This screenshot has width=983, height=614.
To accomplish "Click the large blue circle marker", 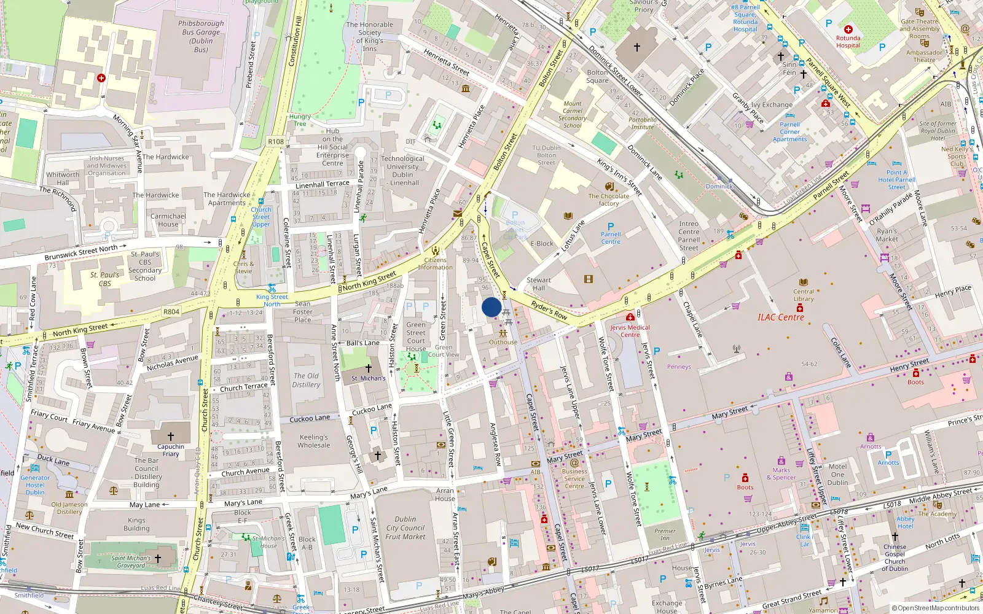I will (x=491, y=307).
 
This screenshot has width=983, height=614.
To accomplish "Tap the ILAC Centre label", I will (x=780, y=317).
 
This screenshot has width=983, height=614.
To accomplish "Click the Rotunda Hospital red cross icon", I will (x=848, y=29).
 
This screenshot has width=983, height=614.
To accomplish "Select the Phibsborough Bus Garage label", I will (x=201, y=36).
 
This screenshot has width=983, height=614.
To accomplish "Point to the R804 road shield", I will (x=171, y=312).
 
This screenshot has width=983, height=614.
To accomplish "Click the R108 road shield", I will (x=276, y=142).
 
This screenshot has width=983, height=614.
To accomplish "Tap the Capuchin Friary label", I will (x=171, y=450).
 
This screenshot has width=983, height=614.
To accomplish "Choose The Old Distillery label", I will (x=306, y=380).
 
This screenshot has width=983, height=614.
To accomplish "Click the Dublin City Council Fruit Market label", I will (x=405, y=528).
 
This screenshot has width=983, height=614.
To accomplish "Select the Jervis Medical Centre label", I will (x=630, y=331).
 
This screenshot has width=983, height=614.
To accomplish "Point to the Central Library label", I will (x=803, y=295).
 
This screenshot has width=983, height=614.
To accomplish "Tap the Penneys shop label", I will (x=679, y=367).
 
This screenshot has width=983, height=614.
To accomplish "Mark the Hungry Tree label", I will (x=300, y=120).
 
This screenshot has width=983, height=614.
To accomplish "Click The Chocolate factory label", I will (x=608, y=200).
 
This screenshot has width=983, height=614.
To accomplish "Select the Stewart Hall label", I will (x=539, y=284).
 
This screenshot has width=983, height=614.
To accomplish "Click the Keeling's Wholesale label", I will (x=314, y=441).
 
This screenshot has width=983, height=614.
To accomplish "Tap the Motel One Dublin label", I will (x=837, y=474).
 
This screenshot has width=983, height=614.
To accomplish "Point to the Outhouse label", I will (x=503, y=343).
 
